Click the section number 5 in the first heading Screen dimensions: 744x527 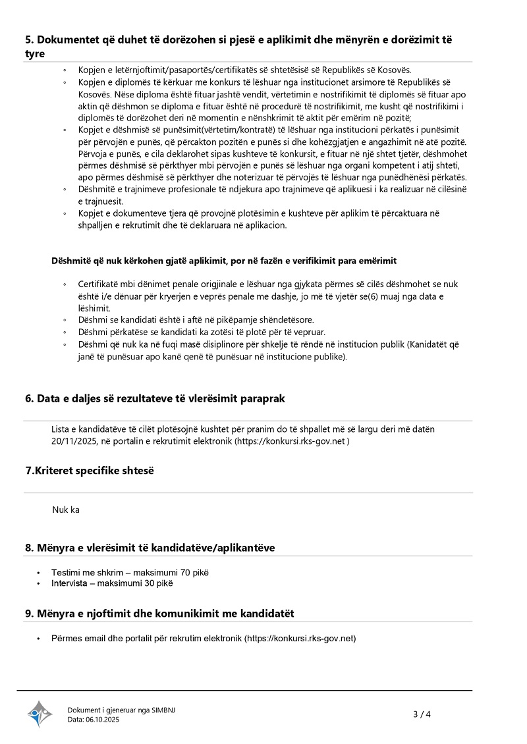(28, 40)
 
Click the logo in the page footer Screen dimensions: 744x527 (40, 714)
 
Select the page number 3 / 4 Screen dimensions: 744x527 (422, 714)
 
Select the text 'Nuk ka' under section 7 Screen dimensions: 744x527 (66, 510)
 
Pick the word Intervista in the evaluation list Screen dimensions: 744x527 (71, 583)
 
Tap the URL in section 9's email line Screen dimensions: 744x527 (300, 638)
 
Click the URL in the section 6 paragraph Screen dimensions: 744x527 (291, 441)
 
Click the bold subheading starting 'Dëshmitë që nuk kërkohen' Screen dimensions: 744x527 (224, 261)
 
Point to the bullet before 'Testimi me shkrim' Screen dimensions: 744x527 (40, 573)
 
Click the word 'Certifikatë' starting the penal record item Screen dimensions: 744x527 (99, 284)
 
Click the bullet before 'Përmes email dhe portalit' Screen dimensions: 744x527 (40, 639)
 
